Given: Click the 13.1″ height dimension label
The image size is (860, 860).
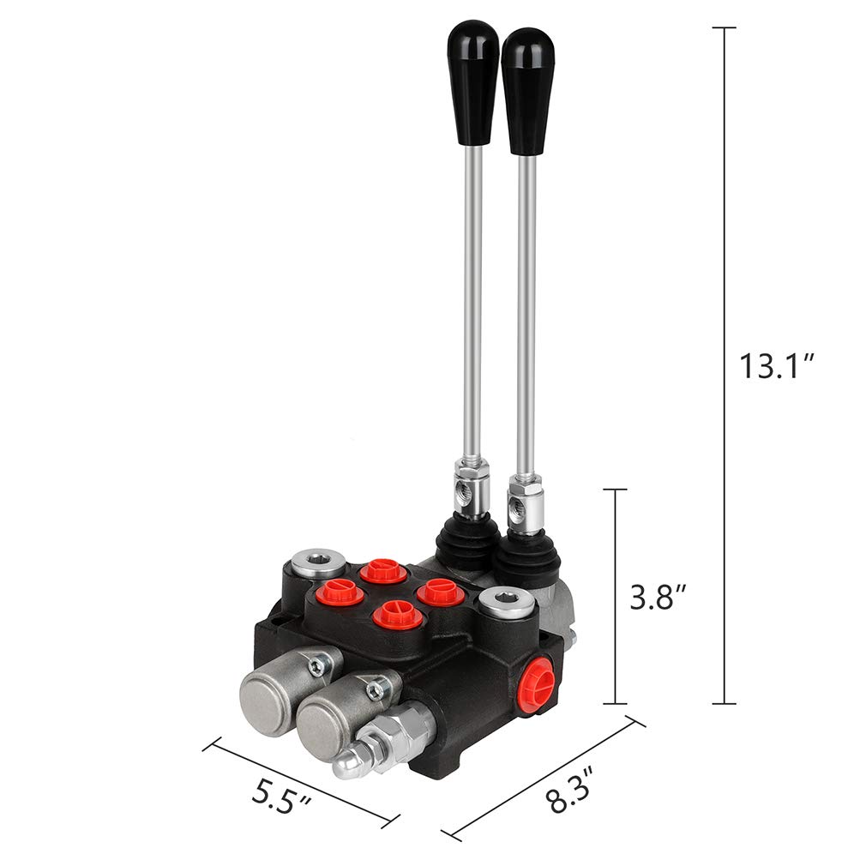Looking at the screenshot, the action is point(777,366).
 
